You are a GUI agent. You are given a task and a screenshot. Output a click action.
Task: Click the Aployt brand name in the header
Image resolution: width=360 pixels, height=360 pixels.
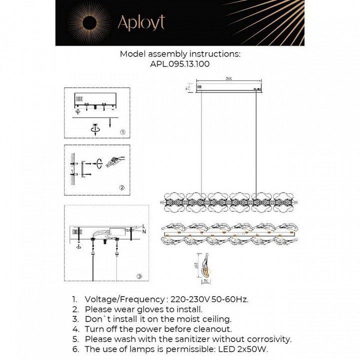click(x=140, y=22)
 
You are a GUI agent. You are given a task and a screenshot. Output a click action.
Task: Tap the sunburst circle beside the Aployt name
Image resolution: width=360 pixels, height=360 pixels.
click(x=89, y=22)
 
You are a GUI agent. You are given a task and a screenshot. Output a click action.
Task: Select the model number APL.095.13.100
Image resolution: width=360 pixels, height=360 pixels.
click(x=180, y=64)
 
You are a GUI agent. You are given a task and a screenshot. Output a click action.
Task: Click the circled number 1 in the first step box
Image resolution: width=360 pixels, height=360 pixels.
click(x=122, y=132)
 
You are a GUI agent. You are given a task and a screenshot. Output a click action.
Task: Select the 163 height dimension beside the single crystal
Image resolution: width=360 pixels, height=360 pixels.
click(x=196, y=264)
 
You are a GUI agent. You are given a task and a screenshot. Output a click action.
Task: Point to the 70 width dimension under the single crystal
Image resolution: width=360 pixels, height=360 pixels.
click(x=205, y=281)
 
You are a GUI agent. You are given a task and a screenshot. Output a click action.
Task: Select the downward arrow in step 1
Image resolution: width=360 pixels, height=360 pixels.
click(x=109, y=121)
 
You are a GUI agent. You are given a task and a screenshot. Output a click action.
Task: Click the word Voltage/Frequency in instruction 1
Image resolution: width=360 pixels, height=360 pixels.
click(x=125, y=299)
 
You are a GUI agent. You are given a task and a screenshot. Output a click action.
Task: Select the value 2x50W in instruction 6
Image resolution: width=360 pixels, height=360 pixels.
click(x=269, y=349)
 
